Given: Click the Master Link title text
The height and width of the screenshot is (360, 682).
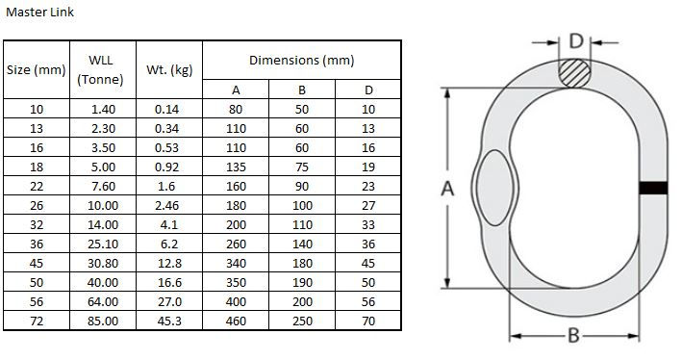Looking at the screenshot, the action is pos(39,13).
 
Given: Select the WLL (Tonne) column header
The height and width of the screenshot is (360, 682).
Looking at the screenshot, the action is pos(100,69).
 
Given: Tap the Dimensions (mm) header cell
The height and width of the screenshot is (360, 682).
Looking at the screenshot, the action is pos(301,60).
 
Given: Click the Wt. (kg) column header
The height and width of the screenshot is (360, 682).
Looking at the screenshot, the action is pos(169,69).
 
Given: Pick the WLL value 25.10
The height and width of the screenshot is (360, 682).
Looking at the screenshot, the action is pos(103,244).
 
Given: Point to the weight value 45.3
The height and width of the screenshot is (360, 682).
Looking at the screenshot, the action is pos(169,321).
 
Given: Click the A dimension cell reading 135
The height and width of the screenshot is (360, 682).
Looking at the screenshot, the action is pos(236,167).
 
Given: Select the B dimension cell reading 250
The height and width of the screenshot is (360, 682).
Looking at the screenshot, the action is pos(302,321).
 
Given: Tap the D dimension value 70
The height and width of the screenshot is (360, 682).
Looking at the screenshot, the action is pos(368,321).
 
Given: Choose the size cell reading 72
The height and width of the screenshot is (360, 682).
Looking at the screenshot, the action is pos(37,321).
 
